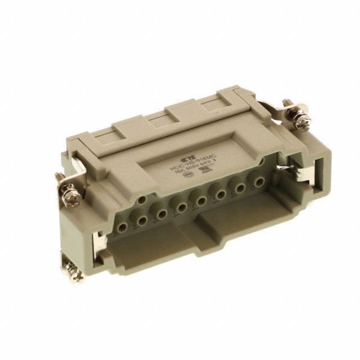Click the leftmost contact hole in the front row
[121, 228]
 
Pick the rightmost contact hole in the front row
[259, 181]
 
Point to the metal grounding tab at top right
[281, 113]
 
